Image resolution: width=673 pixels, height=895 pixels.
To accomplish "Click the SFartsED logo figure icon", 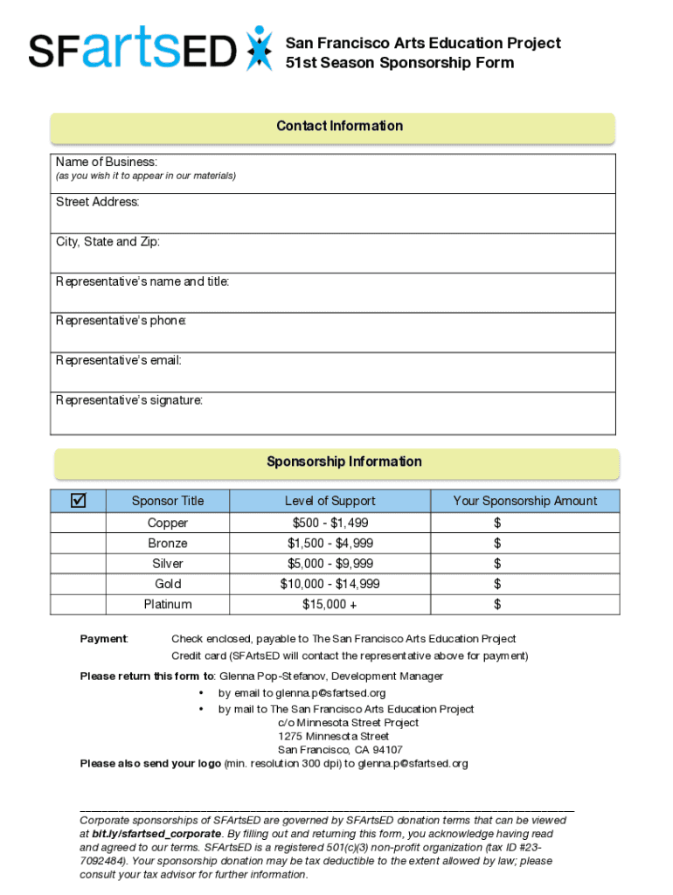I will click(x=259, y=48).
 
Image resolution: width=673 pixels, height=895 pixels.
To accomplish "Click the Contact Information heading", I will click(x=339, y=126).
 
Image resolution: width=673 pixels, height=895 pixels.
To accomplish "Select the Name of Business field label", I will click(x=107, y=162).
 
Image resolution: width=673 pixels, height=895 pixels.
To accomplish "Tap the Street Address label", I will click(x=98, y=202).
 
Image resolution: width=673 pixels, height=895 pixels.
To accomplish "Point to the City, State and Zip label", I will click(x=108, y=241).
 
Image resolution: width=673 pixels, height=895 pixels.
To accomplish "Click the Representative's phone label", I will click(x=121, y=321).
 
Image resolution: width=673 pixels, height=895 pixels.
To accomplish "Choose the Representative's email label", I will click(x=119, y=360).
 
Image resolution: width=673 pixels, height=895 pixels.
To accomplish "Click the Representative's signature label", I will click(x=129, y=400).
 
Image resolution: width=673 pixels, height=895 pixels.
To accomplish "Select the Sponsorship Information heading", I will click(x=344, y=461).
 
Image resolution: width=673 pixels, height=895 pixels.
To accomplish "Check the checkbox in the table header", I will click(x=79, y=500).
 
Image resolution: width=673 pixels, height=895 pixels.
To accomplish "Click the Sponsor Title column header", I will click(x=168, y=501).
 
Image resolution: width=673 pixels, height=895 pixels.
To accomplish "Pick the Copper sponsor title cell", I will click(x=168, y=523).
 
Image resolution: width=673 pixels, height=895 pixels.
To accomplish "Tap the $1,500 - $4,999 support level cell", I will click(x=330, y=544).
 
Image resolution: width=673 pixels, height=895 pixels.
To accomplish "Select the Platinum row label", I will click(x=168, y=604).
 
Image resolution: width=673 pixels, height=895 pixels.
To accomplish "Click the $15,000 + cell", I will click(x=330, y=604).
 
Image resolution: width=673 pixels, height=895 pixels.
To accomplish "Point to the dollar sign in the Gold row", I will click(x=497, y=584).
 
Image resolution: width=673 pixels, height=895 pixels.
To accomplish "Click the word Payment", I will click(x=104, y=639).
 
